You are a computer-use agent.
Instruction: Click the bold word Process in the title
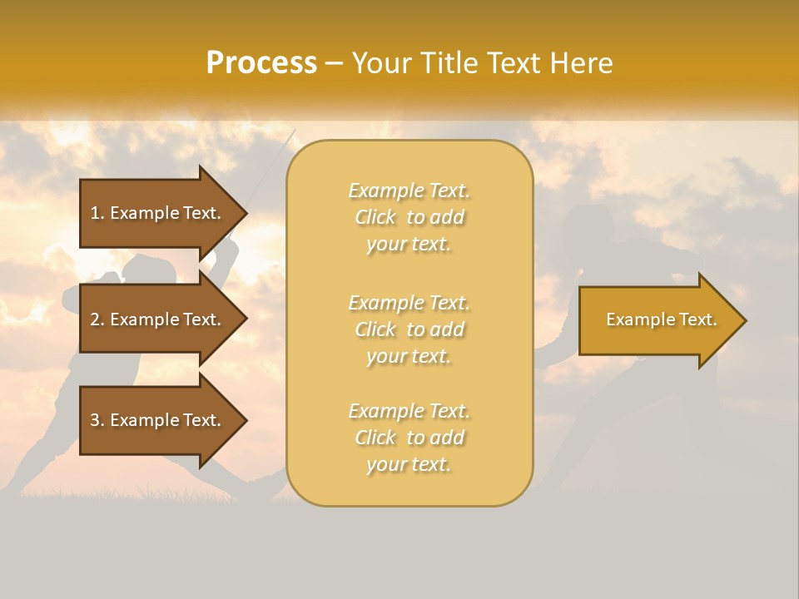[261, 63]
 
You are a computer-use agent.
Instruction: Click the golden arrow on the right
[658, 320]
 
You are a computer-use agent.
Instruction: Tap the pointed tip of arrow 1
[245, 213]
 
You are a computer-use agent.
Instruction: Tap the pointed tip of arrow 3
[245, 420]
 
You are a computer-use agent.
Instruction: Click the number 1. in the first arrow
[97, 213]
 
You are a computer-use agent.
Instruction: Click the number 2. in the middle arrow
[97, 319]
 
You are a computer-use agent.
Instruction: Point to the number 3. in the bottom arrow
[97, 420]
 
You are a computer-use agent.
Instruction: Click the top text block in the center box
[409, 217]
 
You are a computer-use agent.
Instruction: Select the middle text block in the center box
[409, 329]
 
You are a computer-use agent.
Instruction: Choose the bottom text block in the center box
[409, 438]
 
